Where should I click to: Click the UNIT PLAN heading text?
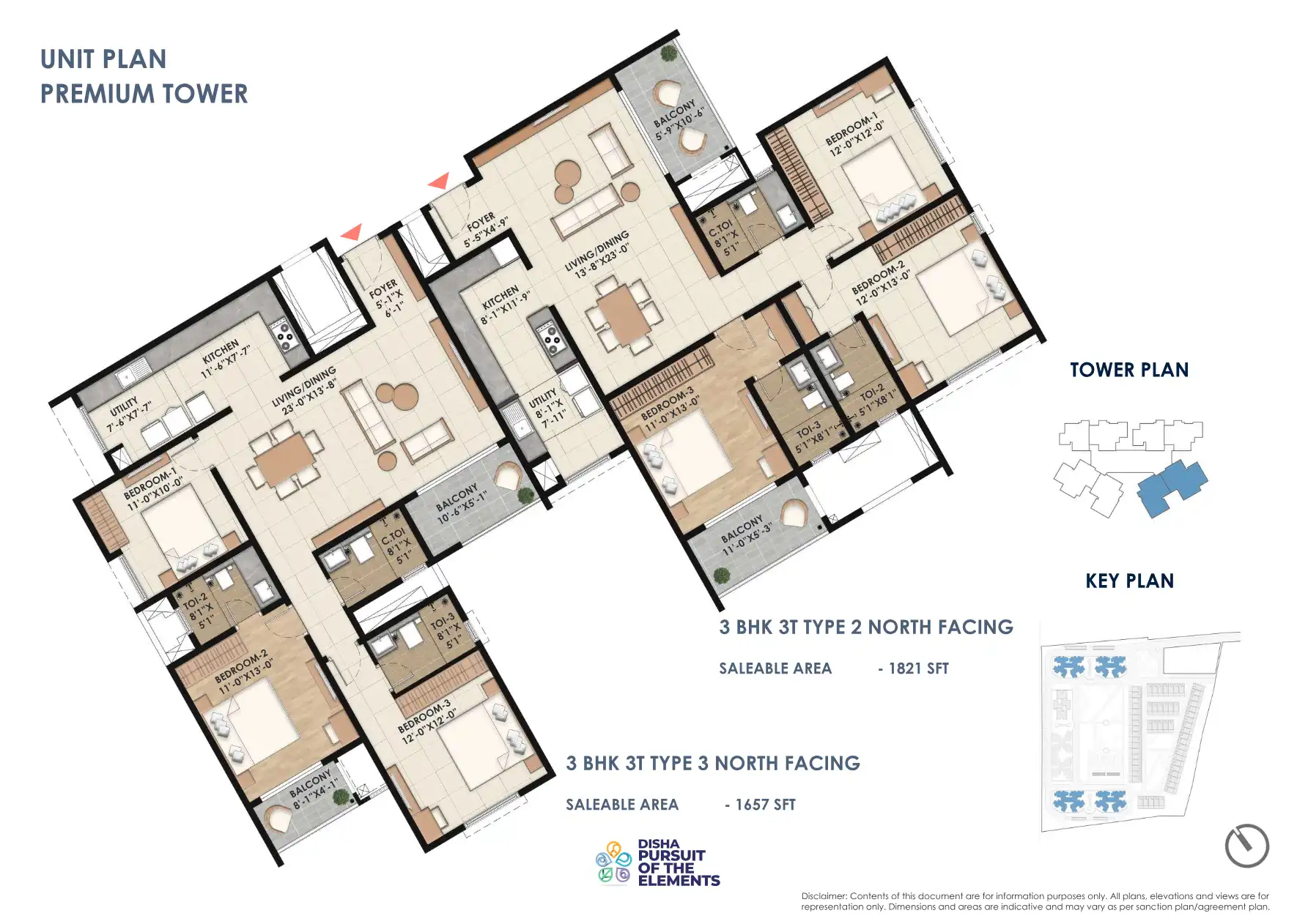pos(103,59)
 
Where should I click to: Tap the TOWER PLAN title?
pos(1128,370)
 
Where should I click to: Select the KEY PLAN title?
pos(1129,581)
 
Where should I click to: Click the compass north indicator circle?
pos(1246,846)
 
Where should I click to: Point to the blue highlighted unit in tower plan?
pos(1172,487)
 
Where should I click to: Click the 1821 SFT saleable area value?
pos(917,668)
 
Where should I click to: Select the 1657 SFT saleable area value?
pos(765,805)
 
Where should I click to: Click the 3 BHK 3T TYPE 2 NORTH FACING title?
pos(865,627)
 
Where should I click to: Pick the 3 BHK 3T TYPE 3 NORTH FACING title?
pos(712,764)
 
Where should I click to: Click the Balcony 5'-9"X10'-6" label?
pos(679,120)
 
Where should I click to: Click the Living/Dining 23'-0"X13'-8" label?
pos(304,390)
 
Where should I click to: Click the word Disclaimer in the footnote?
pos(823,896)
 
